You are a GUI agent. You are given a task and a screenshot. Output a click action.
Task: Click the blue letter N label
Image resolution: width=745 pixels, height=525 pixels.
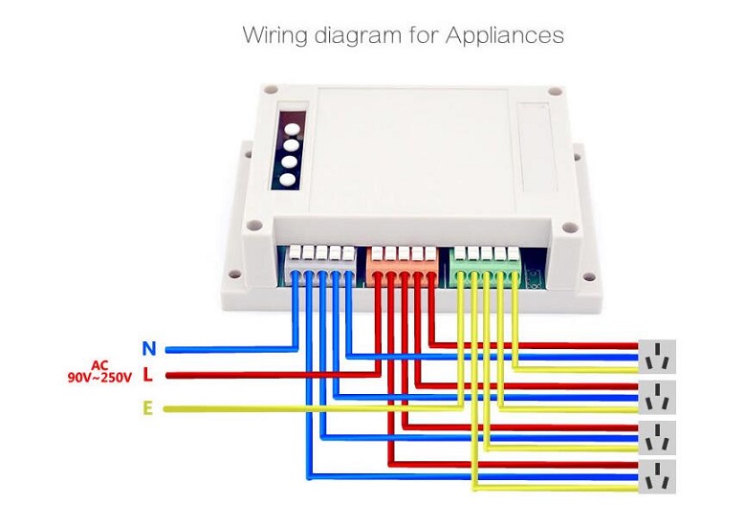coord(148,349)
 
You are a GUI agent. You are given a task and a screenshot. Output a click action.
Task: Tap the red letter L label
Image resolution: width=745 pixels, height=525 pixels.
coord(147,375)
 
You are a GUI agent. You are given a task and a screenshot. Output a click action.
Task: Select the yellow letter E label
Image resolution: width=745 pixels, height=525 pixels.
coord(147,409)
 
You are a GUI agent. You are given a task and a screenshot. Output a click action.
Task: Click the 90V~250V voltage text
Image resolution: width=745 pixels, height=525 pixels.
coord(99,379)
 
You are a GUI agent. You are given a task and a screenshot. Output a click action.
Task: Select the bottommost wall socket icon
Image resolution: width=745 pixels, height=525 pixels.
coord(657,476)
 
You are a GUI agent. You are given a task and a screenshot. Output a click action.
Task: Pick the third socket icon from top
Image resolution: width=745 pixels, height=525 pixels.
coord(657,437)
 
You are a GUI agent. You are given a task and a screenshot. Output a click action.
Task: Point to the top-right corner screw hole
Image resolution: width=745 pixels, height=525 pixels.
coord(554,93)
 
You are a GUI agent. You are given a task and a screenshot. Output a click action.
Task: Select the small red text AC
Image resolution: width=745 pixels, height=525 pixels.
coord(99,365)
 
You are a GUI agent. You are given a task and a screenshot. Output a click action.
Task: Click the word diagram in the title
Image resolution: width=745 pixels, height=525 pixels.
coord(367,36)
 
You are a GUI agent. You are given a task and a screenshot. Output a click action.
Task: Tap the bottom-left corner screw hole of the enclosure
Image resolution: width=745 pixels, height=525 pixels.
coord(254,229)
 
